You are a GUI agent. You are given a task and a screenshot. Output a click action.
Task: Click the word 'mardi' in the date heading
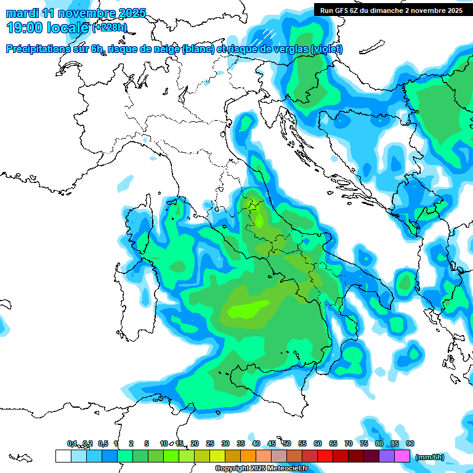[21, 12]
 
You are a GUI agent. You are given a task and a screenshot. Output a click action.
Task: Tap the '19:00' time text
[24, 27]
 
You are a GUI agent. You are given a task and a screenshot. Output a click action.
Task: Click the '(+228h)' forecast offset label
[110, 27]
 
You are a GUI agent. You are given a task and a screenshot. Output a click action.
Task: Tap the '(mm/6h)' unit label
[430, 457]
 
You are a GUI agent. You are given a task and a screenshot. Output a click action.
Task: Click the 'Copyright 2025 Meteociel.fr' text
[261, 469]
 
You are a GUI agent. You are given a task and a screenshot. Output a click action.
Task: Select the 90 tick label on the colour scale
[410, 443]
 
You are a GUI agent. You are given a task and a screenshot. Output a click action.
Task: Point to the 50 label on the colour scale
[287, 443]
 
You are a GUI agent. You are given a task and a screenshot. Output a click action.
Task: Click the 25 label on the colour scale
[210, 443]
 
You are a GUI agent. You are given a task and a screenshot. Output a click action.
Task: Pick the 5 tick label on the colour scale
[147, 443]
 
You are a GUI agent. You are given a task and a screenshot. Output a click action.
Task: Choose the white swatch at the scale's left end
[63, 456]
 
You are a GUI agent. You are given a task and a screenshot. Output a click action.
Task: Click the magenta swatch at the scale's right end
[402, 456]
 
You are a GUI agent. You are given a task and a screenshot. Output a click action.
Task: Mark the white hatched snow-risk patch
[266, 35]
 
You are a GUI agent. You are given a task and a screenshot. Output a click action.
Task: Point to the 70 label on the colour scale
[349, 443]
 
